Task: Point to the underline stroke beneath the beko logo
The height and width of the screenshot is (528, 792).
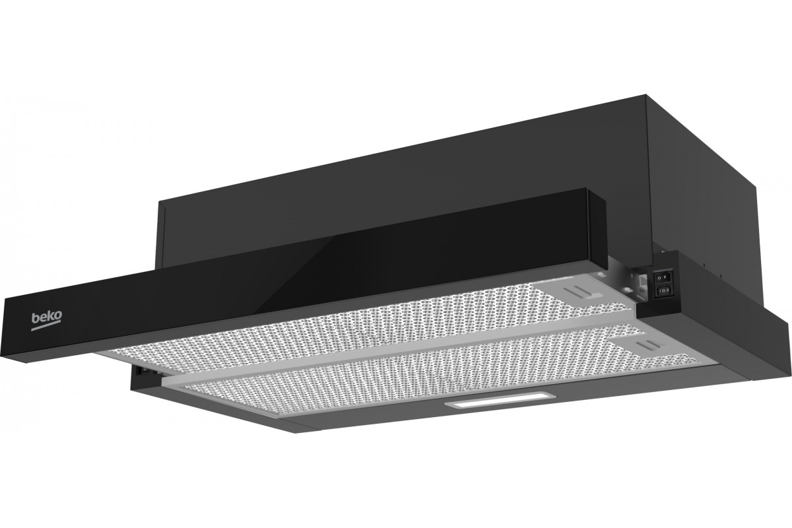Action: (x=46, y=327)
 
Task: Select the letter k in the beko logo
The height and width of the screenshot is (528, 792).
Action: (x=51, y=316)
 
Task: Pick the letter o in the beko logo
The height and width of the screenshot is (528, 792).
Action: (x=58, y=315)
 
